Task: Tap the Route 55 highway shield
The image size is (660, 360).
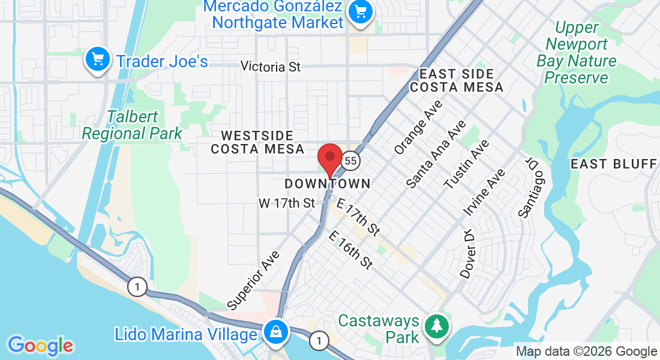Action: point(351,161)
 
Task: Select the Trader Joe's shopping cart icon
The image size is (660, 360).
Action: point(97,60)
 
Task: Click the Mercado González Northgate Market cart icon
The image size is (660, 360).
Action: point(361,11)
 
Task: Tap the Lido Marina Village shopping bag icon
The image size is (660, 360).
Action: point(275,331)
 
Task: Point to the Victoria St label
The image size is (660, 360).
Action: point(271,67)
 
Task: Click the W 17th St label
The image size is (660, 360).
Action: point(287,203)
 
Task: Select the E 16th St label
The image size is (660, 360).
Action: point(351,250)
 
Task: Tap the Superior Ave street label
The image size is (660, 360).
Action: point(254,280)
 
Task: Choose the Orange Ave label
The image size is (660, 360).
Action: point(418,127)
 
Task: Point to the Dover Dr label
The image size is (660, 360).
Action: point(468,254)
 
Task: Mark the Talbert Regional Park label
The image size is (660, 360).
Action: point(132,125)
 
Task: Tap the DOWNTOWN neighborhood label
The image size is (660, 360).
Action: point(327,183)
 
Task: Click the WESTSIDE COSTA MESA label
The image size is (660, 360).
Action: point(257,142)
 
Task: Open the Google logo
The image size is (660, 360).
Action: point(40,346)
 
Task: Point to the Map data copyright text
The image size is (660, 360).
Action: point(587,352)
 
